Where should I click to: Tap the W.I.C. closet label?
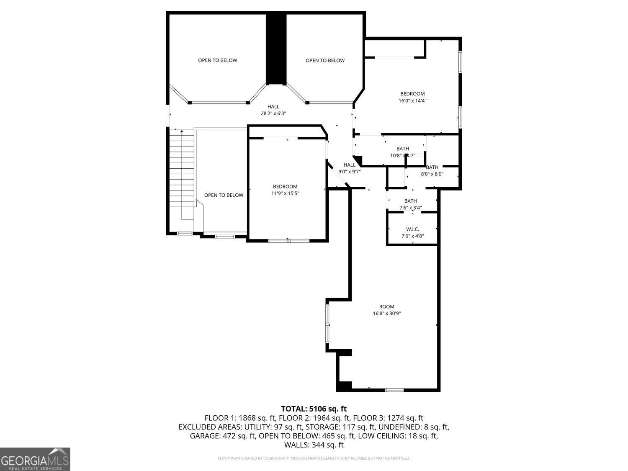pyautogui.click(x=412, y=229)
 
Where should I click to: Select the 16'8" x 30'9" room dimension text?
pyautogui.click(x=387, y=314)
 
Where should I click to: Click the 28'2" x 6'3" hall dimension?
pyautogui.click(x=273, y=113)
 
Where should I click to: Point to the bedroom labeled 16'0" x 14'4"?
pyautogui.click(x=412, y=97)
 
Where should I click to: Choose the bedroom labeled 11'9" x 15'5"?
pyautogui.click(x=285, y=190)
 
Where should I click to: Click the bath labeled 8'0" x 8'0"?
pyautogui.click(x=432, y=171)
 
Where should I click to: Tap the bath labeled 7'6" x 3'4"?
pyautogui.click(x=410, y=204)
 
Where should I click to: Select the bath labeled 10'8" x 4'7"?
pyautogui.click(x=402, y=152)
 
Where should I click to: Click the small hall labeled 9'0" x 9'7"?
pyautogui.click(x=349, y=168)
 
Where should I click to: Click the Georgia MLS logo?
pyautogui.click(x=35, y=459)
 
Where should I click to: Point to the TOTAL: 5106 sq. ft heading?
pyautogui.click(x=314, y=409)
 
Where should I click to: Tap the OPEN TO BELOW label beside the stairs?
pyautogui.click(x=224, y=195)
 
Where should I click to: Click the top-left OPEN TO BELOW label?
pyautogui.click(x=217, y=60)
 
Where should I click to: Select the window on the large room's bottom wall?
pyautogui.click(x=394, y=390)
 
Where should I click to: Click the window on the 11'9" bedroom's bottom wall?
pyautogui.click(x=288, y=241)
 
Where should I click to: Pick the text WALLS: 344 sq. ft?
pyautogui.click(x=314, y=445)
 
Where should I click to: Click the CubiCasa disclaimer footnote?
pyautogui.click(x=314, y=458)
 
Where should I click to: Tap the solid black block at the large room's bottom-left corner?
pyautogui.click(x=344, y=386)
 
